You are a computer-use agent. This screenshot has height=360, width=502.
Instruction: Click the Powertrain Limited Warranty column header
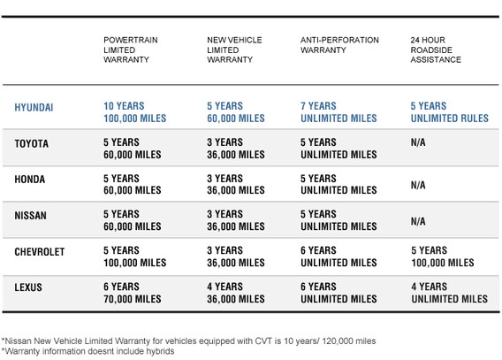tap(131, 50)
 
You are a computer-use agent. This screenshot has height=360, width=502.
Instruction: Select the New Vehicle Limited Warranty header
tap(234, 50)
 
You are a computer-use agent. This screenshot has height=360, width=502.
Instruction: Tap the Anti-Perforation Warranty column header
tap(339, 45)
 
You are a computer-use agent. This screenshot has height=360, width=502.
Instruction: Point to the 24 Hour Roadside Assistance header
tap(436, 50)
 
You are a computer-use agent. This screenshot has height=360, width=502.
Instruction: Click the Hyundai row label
tap(34, 107)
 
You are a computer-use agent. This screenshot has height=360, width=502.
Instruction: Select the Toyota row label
tap(32, 143)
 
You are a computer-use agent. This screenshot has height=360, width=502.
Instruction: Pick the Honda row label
tap(30, 180)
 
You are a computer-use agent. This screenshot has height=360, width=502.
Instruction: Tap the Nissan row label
tap(30, 215)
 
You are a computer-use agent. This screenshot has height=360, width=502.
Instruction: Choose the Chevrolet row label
tap(40, 252)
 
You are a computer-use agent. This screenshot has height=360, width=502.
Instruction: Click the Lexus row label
tap(28, 287)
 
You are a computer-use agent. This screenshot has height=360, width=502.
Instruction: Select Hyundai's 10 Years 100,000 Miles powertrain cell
tap(135, 112)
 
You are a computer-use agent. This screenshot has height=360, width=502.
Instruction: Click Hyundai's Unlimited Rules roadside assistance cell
tap(450, 112)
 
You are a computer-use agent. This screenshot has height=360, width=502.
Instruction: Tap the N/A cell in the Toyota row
tap(418, 142)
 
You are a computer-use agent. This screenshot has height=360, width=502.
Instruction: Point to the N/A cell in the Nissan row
tap(418, 221)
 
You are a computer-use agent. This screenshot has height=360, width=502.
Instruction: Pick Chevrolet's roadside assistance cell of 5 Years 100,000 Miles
tap(443, 257)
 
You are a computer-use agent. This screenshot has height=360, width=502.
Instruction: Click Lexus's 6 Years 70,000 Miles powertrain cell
tap(133, 293)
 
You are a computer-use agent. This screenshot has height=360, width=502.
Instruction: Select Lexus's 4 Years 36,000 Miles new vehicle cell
tap(236, 293)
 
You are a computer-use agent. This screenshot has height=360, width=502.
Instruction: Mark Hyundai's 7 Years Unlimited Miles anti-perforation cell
tap(338, 112)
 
